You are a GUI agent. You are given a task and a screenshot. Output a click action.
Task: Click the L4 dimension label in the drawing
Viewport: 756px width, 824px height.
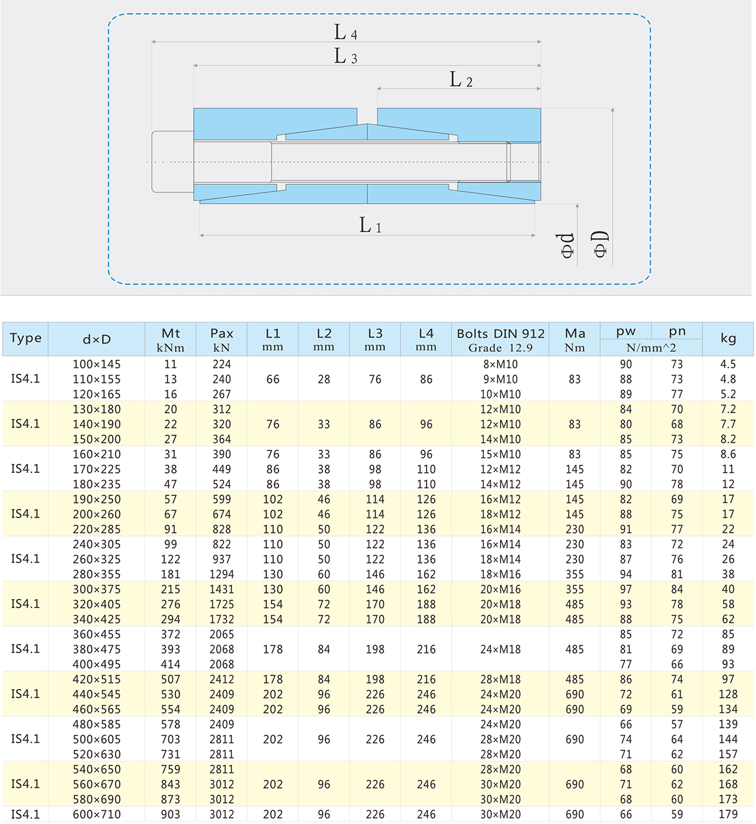coord(345,32)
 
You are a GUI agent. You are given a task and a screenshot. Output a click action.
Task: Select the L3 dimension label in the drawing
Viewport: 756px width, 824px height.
coord(345,56)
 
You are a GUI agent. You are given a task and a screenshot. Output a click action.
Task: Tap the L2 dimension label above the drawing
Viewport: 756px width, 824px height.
coord(461,80)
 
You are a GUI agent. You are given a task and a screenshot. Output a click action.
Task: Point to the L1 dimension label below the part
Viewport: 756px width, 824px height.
coord(370,226)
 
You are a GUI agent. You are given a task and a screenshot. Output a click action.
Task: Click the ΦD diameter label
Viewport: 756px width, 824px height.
coord(601,243)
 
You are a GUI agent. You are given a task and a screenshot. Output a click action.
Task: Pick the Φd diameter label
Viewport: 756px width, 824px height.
coord(567,245)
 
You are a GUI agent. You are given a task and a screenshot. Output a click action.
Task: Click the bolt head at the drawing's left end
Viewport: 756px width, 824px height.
coord(172,162)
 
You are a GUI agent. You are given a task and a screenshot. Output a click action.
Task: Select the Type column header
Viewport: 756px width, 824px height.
coord(26,338)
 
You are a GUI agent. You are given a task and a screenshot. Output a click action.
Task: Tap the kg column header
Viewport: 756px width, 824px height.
coord(728,338)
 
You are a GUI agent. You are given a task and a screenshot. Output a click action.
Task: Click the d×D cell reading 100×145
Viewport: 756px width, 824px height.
coord(97,364)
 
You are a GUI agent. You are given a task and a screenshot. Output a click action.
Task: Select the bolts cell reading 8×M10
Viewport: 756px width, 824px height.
coord(500,364)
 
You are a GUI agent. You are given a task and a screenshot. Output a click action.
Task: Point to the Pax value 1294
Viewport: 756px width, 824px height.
coord(222,574)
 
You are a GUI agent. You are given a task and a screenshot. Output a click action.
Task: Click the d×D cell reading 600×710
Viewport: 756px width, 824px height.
coord(97,814)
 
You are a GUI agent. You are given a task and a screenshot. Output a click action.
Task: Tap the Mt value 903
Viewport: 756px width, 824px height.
coord(170,814)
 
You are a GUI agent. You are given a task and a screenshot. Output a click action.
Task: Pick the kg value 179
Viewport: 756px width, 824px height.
coord(728,814)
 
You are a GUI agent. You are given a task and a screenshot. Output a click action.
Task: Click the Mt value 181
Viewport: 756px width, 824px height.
coord(170,574)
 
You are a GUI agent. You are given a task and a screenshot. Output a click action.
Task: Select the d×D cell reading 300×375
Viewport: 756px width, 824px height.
coord(97,589)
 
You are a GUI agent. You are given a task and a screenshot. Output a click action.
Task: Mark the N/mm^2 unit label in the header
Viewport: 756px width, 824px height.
coord(651,348)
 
